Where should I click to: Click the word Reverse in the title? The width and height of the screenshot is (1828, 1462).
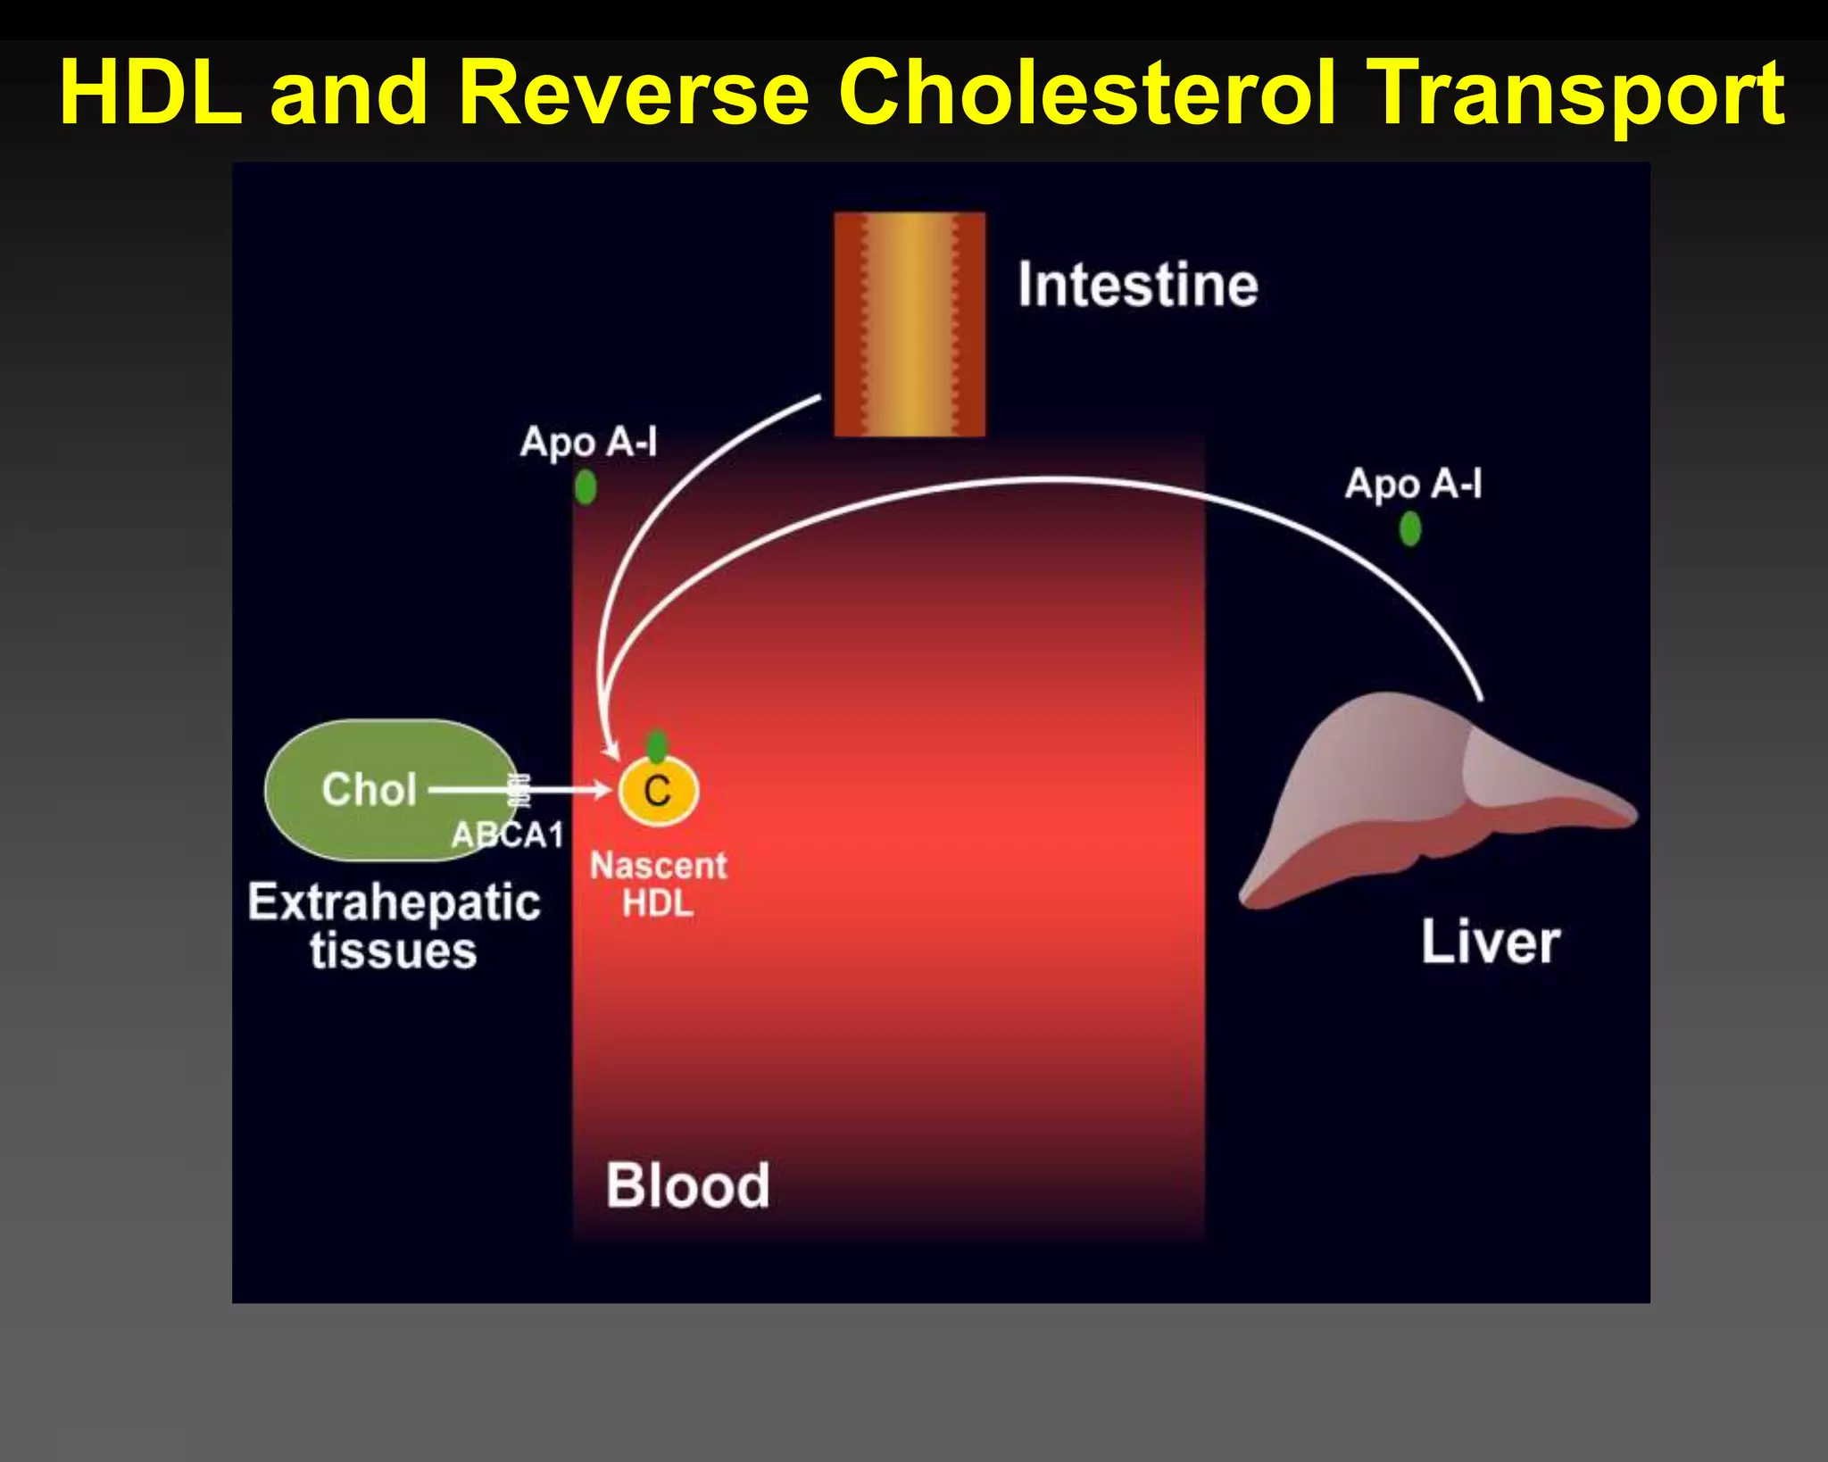633,93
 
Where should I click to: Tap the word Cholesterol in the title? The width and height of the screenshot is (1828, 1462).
1088,93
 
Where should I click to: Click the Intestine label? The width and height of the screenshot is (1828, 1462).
1137,285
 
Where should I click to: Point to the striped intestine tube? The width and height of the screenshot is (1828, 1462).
909,324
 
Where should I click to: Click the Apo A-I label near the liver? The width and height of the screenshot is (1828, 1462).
1412,484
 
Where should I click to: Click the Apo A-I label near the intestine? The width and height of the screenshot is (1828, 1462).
588,442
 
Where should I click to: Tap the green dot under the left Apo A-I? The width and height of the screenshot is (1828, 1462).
586,487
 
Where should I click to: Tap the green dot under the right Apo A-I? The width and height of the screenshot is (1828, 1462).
1409,529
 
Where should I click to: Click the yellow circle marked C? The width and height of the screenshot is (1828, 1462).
658,791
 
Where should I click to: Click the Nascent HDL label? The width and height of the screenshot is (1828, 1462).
659,885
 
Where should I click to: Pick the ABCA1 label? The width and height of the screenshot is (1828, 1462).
507,835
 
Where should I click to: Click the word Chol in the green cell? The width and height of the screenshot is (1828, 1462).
369,790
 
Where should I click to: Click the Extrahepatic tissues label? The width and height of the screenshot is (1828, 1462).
394,926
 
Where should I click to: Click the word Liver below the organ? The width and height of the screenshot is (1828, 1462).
1490,943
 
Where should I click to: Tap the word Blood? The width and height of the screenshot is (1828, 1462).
687,1185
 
